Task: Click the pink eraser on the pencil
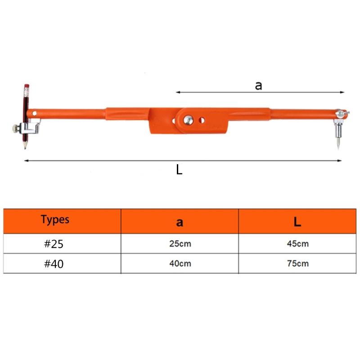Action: coord(27,85)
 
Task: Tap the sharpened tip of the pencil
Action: coord(25,147)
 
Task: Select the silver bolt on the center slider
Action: coord(188,120)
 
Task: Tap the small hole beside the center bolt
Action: coord(202,120)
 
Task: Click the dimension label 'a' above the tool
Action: coord(258,85)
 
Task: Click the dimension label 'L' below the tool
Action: coord(179,170)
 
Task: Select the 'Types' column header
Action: coord(55,220)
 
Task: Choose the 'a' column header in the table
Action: coord(180,221)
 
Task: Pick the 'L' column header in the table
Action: coord(297,221)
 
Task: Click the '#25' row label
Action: coord(54,244)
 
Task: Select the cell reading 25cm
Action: coord(180,244)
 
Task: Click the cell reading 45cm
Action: coord(297,244)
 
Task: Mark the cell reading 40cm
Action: coord(180,264)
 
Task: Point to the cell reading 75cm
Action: coord(297,264)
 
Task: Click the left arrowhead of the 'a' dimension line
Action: coord(177,92)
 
